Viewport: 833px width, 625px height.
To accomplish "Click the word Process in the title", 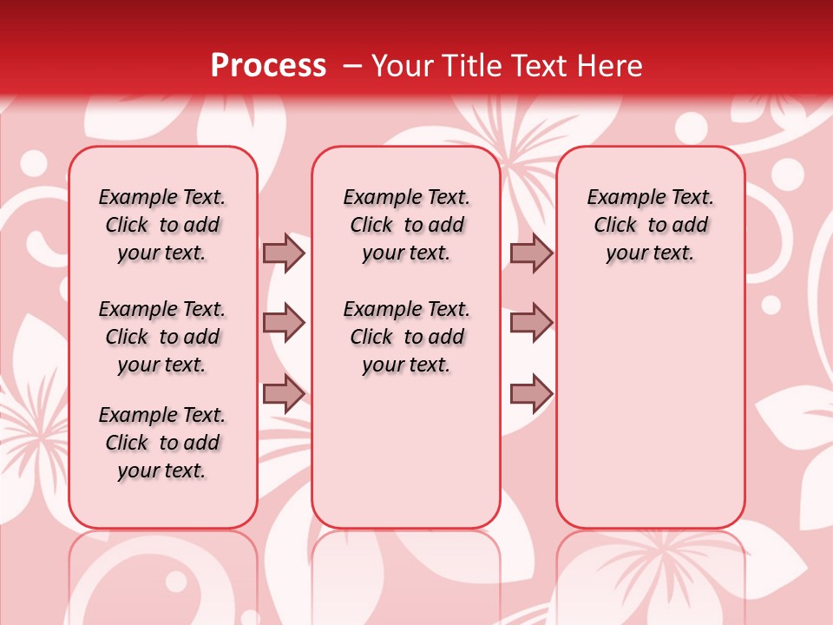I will coord(268,66).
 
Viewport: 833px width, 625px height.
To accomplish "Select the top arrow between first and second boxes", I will coord(284,253).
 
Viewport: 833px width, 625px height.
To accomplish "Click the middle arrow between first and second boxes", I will coord(284,323).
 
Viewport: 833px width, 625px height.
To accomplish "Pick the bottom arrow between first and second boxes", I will coord(284,394).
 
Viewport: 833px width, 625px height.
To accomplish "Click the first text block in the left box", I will coord(162,225).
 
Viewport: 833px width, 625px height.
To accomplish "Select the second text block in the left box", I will coord(162,337).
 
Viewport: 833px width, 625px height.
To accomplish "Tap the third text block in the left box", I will coord(162,443).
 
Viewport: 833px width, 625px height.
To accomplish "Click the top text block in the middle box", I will coord(406,225).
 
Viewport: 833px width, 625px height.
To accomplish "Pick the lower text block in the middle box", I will coord(406,337).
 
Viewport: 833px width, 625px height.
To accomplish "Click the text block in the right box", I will coord(650,225).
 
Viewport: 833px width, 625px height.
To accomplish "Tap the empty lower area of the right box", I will coord(650,417).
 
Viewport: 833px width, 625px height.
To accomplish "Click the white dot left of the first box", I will coord(34,163).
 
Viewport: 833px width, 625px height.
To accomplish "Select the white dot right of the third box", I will coord(771,305).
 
